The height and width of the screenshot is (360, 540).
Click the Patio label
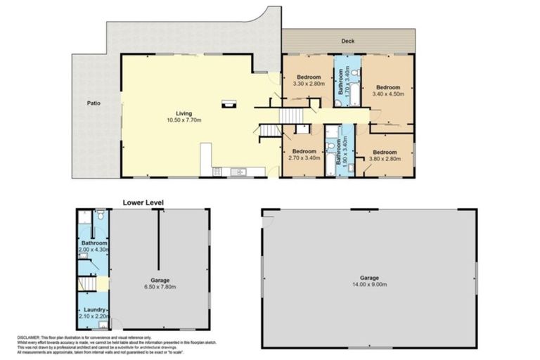pyautogui.click(x=94, y=103)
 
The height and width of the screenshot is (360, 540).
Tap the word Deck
pyautogui.click(x=347, y=41)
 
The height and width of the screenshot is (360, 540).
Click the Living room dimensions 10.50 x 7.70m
pyautogui.click(x=184, y=120)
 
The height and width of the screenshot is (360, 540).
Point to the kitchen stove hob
pyautogui.click(x=218, y=171)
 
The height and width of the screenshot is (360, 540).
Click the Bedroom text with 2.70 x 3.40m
pyautogui.click(x=304, y=155)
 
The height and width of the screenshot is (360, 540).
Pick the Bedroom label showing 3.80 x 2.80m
pyautogui.click(x=384, y=156)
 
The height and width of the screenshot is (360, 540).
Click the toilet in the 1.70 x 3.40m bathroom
pyautogui.click(x=338, y=103)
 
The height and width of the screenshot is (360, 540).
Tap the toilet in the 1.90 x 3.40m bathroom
pyautogui.click(x=330, y=147)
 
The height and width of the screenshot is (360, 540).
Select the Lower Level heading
pyautogui.click(x=143, y=202)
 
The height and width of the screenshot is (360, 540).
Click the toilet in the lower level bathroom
pyautogui.click(x=101, y=217)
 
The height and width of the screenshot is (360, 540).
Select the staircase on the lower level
pyautogui.click(x=86, y=283)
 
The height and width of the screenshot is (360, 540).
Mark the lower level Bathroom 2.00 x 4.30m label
pyautogui.click(x=94, y=246)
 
